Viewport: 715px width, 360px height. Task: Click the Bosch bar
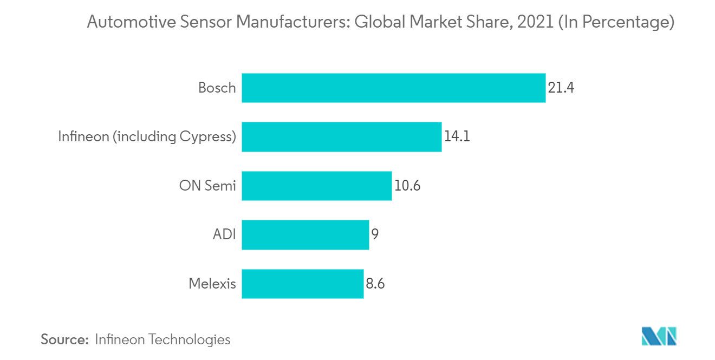393,88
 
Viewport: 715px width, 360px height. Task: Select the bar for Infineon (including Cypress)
341,136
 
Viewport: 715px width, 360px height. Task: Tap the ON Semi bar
316,186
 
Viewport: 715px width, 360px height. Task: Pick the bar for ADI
305,234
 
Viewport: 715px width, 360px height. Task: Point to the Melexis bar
302,283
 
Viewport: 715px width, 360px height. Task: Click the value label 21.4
561,88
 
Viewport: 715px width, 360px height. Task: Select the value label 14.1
457,136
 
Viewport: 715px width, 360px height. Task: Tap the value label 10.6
407,186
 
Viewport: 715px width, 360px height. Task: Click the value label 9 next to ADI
375,234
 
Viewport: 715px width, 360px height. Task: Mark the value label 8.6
375,283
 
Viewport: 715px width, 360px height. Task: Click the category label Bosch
217,88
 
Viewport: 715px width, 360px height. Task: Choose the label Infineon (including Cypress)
147,136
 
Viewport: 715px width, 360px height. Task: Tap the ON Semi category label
207,186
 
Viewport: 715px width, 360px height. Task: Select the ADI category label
224,234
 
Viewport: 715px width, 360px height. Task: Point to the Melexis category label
212,283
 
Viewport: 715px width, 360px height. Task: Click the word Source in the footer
64,339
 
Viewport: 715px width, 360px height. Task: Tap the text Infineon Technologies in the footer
162,339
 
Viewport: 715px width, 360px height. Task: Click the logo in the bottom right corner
659,336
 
